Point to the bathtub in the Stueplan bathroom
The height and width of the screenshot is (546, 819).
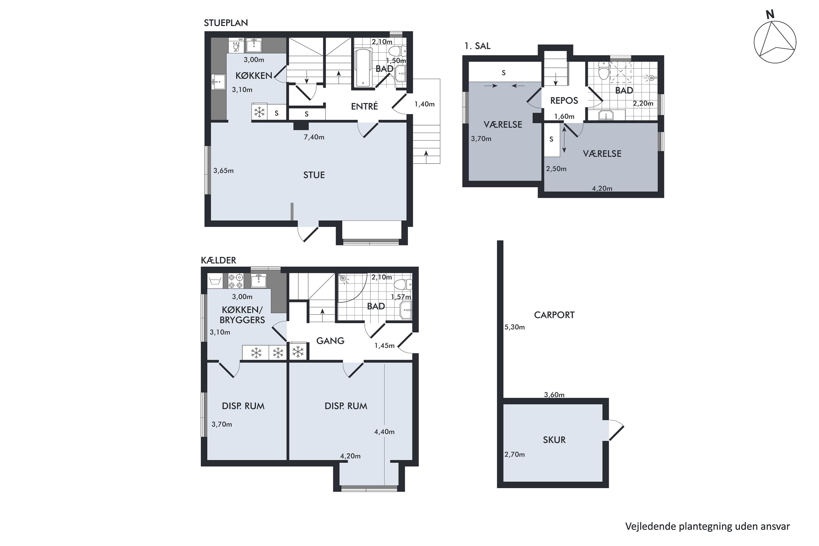pos(363,67)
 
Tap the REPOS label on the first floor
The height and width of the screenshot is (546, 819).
pos(564,101)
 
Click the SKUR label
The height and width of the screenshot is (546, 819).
pos(554,440)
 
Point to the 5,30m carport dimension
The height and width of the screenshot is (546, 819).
pos(514,327)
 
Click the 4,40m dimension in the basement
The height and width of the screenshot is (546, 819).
pos(384,432)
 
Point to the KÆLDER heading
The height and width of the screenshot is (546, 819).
pos(218,260)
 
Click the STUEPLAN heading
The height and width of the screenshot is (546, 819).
pos(226,23)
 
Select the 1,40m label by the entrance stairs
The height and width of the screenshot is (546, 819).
pos(425,104)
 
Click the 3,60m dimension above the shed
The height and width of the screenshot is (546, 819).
pos(554,394)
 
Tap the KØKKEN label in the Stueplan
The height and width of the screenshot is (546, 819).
pos(254,76)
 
